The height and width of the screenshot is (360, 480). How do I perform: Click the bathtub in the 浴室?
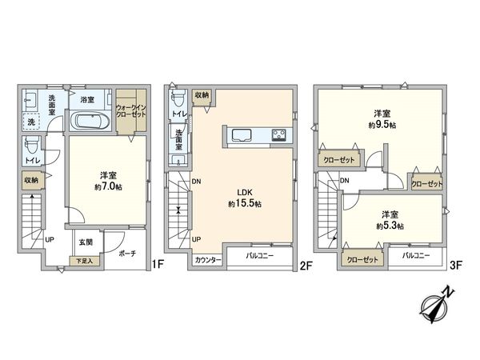(90, 122)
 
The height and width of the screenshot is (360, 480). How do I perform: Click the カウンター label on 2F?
(207, 260)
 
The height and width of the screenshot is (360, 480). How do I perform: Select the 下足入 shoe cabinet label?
(84, 261)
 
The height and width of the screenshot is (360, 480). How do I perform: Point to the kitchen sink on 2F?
(242, 134)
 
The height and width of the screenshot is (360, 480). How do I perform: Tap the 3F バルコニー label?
(416, 256)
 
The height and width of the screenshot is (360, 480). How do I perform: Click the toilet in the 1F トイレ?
(30, 147)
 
